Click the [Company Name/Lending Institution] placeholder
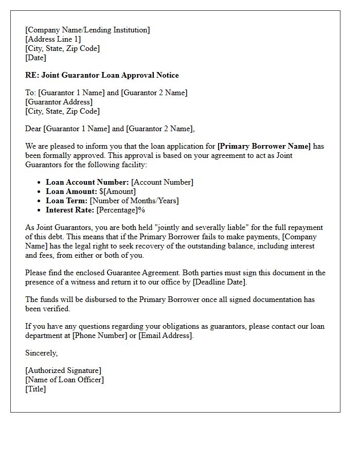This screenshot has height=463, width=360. tap(87, 30)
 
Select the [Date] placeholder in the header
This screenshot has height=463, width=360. tap(35, 58)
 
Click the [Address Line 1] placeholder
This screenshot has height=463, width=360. tap(53, 39)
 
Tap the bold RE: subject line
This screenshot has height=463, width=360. tap(102, 75)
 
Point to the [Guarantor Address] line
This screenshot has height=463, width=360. tap(59, 102)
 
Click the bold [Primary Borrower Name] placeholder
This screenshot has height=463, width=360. tap(264, 146)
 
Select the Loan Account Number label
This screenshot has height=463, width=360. tap(87, 182)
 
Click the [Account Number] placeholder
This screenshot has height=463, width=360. tap(163, 182)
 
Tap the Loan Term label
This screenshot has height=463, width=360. tap(67, 201)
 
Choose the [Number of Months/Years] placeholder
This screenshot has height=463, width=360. tap(134, 201)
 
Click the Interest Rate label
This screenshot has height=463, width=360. tap(70, 210)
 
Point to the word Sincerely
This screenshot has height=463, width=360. tap(42, 353)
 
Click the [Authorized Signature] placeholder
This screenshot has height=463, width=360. tap(63, 370)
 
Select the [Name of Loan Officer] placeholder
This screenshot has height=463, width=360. tap(64, 380)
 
